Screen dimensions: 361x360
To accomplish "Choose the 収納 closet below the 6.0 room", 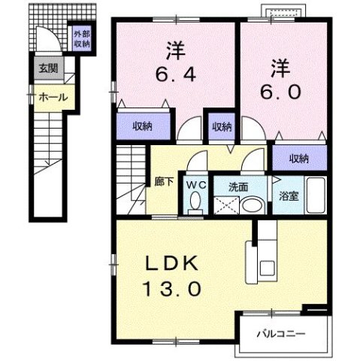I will point(298,158).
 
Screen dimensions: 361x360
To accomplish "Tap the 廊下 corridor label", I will point(163,181).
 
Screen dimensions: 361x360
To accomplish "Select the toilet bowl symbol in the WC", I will point(195,202).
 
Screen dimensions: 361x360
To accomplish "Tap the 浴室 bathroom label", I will point(289,196).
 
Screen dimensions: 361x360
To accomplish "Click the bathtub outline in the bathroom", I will point(314,198).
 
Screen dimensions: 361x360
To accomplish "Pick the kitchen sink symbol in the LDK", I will point(268,267).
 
